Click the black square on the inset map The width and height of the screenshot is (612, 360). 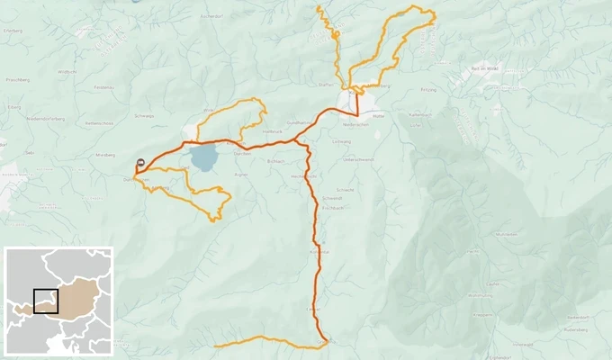pos(46,301)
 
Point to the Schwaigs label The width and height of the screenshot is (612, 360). pos(143,116)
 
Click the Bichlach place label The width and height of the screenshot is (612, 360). pos(275,162)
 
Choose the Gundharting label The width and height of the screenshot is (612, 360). pos(298,122)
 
